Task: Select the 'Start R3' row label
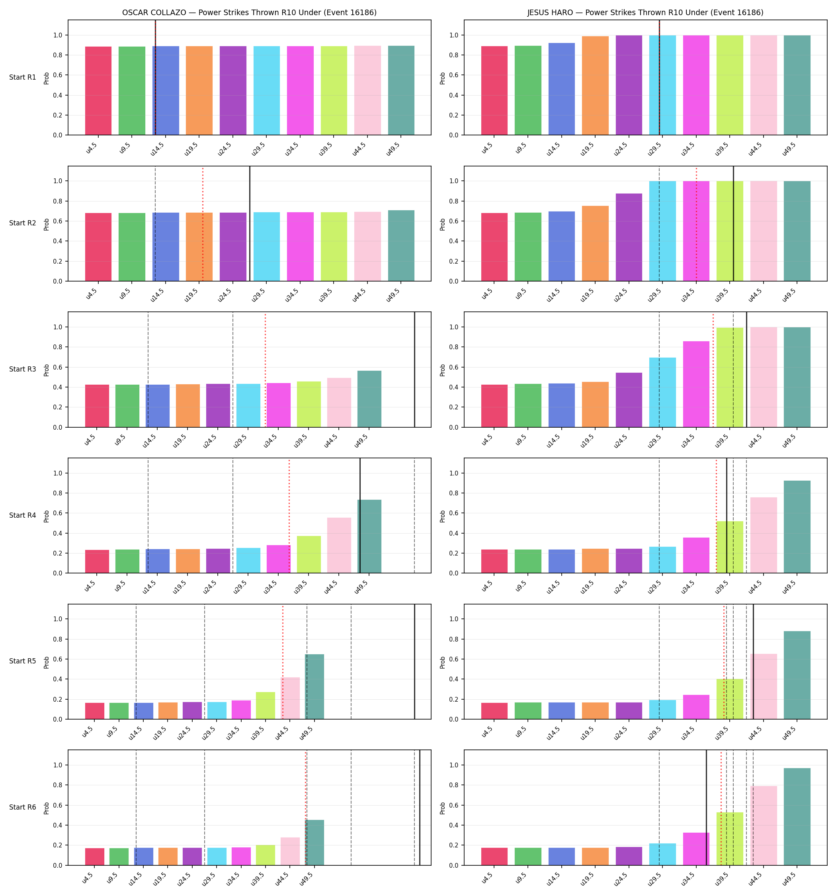[x=23, y=369]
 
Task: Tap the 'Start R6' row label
[x=23, y=807]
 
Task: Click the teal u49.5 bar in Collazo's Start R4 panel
[x=369, y=536]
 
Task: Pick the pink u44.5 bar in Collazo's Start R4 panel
[x=339, y=545]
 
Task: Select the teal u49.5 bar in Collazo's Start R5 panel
[x=314, y=687]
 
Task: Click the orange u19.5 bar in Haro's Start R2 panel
[x=595, y=243]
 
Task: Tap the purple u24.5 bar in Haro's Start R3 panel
[x=629, y=400]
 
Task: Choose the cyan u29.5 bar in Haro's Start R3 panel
[x=662, y=392]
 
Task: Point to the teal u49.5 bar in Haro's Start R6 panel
[x=797, y=817]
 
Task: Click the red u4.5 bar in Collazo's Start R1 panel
[x=98, y=90]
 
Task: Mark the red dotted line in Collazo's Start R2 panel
[x=203, y=224]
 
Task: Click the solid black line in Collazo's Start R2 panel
[x=250, y=223]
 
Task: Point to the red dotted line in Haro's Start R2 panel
[x=696, y=224]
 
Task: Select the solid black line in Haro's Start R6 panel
[x=706, y=808]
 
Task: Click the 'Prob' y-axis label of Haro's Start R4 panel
[x=443, y=516]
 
